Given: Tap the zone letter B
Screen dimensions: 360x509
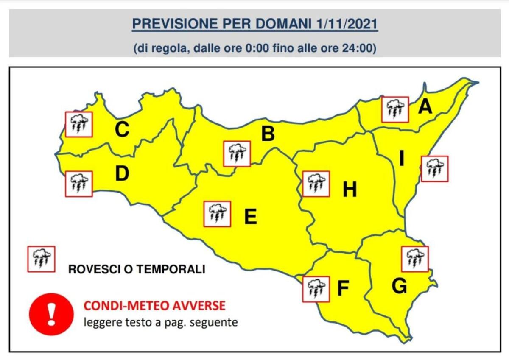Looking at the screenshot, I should click(x=268, y=134).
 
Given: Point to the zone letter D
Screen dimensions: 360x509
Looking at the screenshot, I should click(x=122, y=174).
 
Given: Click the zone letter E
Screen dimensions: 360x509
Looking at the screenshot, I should click(x=250, y=217).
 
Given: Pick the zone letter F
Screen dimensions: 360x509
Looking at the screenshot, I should click(x=343, y=288).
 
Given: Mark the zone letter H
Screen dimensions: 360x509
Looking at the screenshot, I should click(x=350, y=190).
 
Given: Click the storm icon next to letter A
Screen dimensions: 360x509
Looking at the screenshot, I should click(x=395, y=109).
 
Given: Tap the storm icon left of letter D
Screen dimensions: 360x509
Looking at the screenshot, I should click(x=79, y=184).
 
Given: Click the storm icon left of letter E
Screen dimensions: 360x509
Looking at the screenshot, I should click(x=218, y=214).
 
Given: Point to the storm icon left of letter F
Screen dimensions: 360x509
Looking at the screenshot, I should click(x=316, y=289).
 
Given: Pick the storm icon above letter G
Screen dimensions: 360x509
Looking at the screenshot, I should click(x=414, y=259).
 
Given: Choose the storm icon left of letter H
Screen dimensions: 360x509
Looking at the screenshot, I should click(x=316, y=184).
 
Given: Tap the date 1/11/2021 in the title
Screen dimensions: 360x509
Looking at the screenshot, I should click(x=347, y=24).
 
